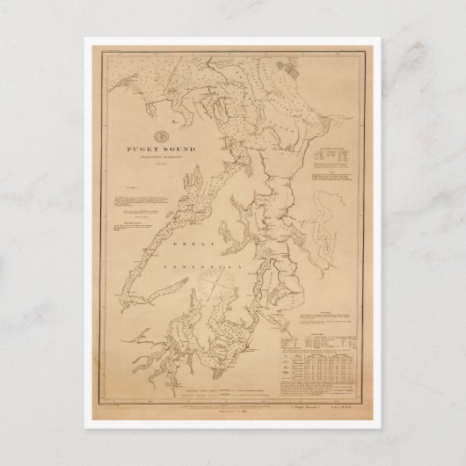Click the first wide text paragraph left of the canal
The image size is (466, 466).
tap(143, 211)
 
